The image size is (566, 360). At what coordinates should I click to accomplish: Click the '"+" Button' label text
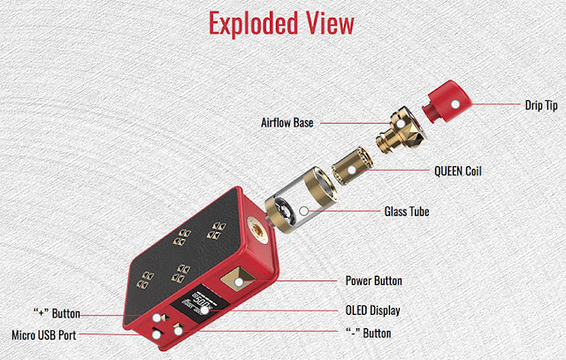57,313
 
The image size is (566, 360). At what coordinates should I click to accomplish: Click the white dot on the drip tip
456,103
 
